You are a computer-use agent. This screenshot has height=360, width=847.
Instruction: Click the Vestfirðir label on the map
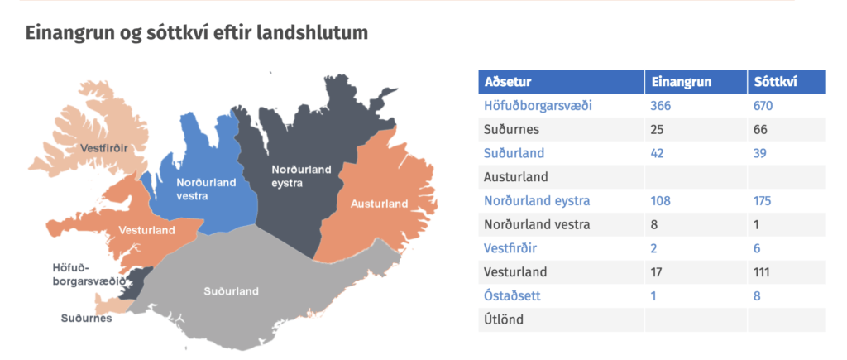(x=103, y=148)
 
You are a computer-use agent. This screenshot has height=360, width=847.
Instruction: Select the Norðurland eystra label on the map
(x=301, y=177)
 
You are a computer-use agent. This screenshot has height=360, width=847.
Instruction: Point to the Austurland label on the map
(x=379, y=204)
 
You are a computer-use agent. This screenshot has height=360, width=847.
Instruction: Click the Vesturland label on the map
(x=147, y=230)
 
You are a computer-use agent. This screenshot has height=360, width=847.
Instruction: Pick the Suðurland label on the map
(x=232, y=291)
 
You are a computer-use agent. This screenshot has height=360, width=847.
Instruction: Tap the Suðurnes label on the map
(x=86, y=319)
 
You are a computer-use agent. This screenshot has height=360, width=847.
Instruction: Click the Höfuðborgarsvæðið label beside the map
(x=89, y=274)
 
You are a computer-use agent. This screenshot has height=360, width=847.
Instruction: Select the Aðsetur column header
(x=508, y=82)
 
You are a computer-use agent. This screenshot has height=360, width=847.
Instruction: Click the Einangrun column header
(x=682, y=82)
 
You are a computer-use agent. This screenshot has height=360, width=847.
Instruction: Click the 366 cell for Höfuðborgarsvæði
(x=661, y=106)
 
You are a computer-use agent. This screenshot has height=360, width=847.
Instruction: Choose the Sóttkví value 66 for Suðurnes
(x=761, y=130)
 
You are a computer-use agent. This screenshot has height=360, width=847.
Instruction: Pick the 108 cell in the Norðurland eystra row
(x=661, y=201)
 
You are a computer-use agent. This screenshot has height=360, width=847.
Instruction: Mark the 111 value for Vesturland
(x=762, y=272)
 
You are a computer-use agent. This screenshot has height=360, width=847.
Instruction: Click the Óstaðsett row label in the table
(x=512, y=296)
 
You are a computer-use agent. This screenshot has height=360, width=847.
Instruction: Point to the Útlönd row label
(x=504, y=319)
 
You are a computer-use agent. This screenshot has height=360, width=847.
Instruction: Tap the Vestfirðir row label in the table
(x=510, y=248)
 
